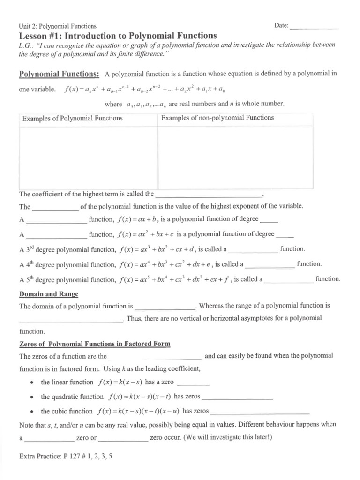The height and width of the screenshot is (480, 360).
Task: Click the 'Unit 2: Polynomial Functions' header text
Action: click(58, 27)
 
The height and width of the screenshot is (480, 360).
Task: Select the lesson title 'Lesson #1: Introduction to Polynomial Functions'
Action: click(117, 36)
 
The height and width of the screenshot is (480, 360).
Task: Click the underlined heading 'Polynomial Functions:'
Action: click(59, 74)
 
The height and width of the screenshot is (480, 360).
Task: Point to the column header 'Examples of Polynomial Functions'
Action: click(73, 118)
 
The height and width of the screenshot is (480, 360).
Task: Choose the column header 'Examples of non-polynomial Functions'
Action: click(217, 118)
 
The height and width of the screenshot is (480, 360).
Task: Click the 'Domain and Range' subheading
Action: click(49, 294)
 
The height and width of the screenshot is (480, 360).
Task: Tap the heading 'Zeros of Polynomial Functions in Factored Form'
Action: click(95, 344)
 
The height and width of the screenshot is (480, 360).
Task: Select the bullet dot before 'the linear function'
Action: click(31, 383)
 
